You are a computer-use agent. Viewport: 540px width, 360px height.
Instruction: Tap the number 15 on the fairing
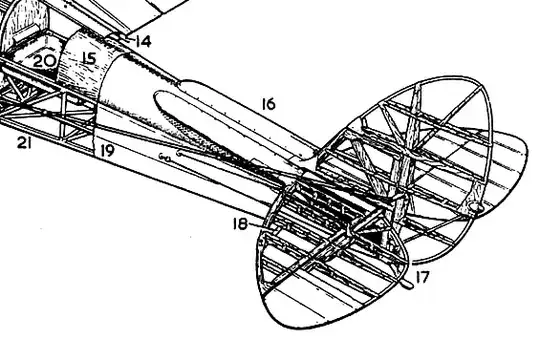click(88, 59)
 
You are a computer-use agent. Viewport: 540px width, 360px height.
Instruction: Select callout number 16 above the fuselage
click(267, 103)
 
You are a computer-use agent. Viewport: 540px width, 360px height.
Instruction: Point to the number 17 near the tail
click(423, 277)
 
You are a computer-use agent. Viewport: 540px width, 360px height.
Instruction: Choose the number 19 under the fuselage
click(107, 150)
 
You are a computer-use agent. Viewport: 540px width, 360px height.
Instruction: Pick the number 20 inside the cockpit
click(45, 61)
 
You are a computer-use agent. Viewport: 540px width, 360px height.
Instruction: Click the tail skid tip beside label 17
click(408, 283)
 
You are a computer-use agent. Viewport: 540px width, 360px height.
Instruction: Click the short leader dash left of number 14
click(119, 38)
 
